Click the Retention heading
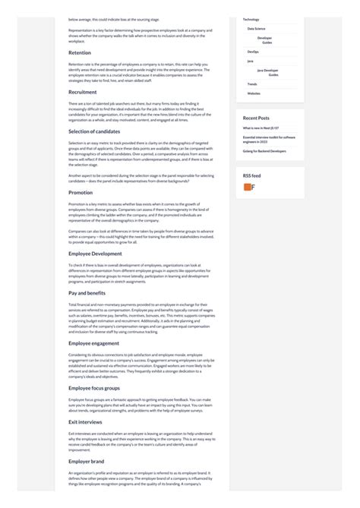(80, 53)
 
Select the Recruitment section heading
(83, 92)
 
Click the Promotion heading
(81, 193)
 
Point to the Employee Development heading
(95, 253)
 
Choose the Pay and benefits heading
(87, 292)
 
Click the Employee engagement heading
(95, 342)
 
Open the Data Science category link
(256, 28)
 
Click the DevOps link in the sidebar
(253, 52)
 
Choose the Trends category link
(252, 84)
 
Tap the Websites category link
(254, 93)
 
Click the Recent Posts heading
(256, 118)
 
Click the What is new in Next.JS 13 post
(262, 128)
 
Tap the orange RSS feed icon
(248, 188)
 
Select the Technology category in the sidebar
(251, 18)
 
